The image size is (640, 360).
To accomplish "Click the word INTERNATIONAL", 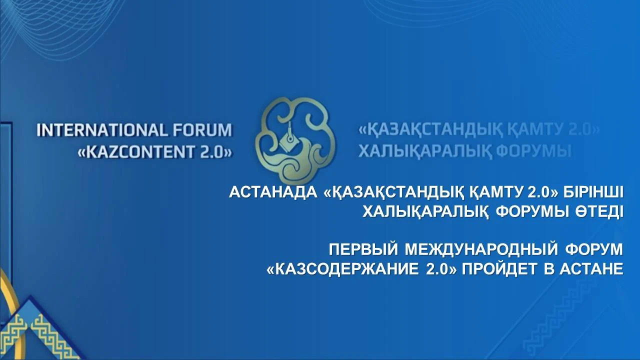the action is pyautogui.click(x=101, y=130).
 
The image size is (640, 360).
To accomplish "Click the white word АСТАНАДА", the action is pyautogui.click(x=273, y=192).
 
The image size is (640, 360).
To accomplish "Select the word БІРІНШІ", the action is pyautogui.click(x=593, y=192).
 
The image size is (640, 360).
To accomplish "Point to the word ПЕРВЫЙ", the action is pyautogui.click(x=363, y=249).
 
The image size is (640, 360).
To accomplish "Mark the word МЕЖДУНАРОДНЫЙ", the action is pyautogui.click(x=481, y=249).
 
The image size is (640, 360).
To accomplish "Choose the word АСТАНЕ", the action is pyautogui.click(x=591, y=269).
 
